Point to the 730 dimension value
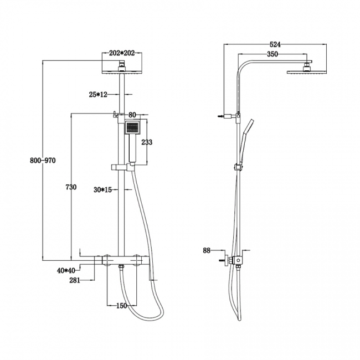tap(71, 187)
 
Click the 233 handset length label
tap(147, 142)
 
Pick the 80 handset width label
tap(132, 115)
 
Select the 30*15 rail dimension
tap(102, 189)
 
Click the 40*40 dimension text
tap(65, 270)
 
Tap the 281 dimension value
tap(75, 280)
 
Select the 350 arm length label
tap(272, 55)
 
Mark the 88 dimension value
tap(207, 250)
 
